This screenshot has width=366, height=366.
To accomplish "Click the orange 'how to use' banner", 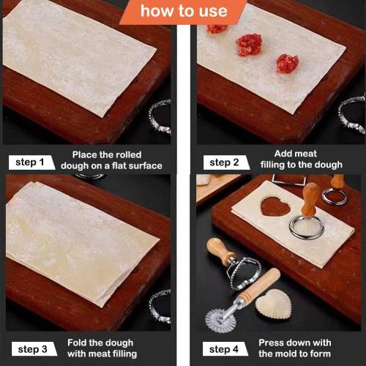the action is (x=184, y=12).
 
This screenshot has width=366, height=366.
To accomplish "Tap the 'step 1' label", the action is (x=31, y=163).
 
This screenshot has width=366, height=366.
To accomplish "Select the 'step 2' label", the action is (x=226, y=163).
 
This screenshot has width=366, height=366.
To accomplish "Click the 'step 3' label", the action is (x=34, y=349).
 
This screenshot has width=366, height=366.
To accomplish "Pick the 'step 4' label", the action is (x=225, y=349).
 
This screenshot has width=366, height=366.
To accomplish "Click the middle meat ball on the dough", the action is (x=249, y=45).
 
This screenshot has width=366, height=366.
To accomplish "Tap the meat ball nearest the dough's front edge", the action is (x=288, y=64).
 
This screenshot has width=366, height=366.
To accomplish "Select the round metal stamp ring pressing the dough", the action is (x=307, y=228).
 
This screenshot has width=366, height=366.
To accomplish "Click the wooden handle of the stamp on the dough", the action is (x=310, y=200).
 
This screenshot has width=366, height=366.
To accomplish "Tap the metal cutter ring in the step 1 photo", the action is (x=160, y=116).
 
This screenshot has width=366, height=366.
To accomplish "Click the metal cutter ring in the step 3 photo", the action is (x=160, y=306).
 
